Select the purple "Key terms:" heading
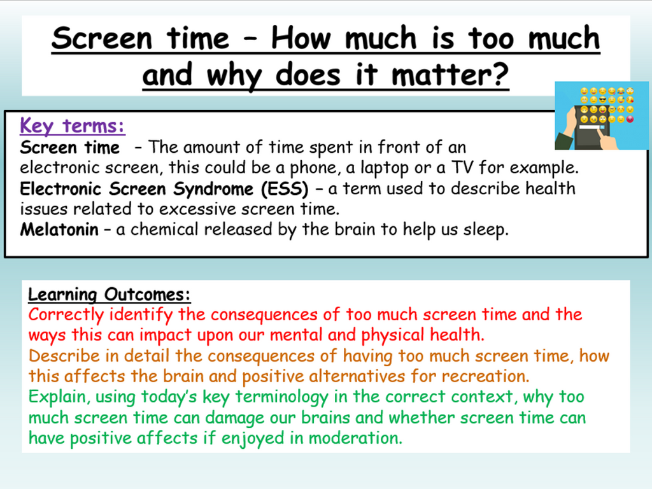[73, 126]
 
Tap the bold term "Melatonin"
[59, 230]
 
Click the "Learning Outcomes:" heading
[109, 295]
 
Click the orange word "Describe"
[64, 356]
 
